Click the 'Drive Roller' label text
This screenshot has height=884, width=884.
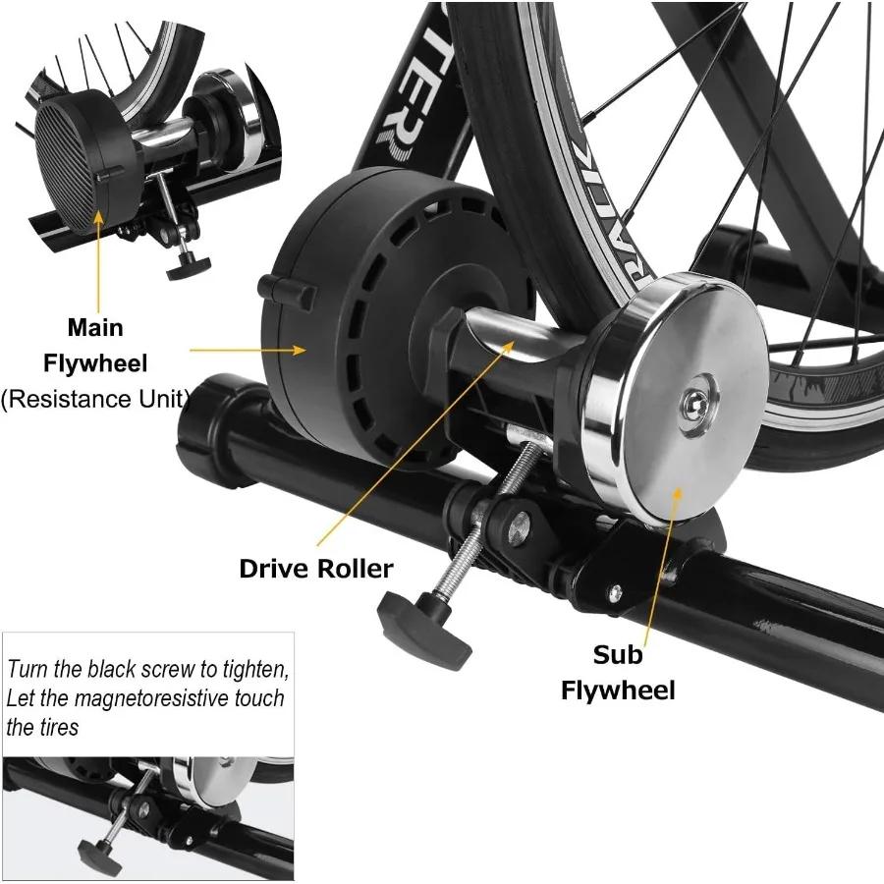(315, 569)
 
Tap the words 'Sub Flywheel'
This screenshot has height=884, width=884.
(618, 673)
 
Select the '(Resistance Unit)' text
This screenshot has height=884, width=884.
(94, 399)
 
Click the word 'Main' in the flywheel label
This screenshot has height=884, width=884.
(95, 327)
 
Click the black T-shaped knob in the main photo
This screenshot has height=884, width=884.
(424, 630)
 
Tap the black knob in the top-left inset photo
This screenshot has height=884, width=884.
(188, 263)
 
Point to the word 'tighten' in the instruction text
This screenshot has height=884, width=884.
(254, 670)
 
